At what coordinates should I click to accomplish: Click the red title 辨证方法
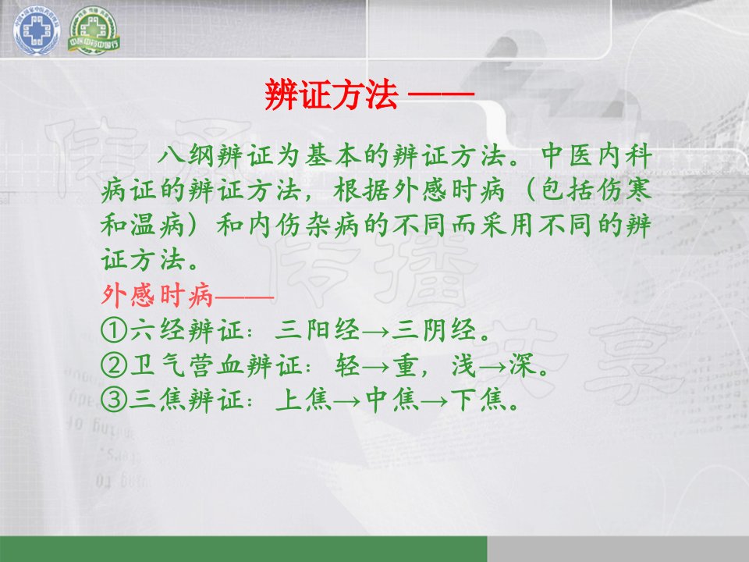coord(331,94)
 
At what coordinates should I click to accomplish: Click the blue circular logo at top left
coord(37,30)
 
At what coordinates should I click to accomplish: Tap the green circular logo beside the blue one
coord(94,30)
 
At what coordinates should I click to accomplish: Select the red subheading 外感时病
coord(157,295)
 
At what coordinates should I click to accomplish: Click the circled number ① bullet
coord(114,329)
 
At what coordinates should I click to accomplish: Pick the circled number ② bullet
coord(114,365)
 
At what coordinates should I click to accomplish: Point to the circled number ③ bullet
coord(114,400)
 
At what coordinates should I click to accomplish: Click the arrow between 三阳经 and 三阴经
coord(376,331)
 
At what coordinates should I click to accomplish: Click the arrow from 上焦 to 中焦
coord(346,401)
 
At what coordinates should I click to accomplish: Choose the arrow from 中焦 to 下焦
coord(435,401)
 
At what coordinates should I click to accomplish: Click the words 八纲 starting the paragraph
coord(186,156)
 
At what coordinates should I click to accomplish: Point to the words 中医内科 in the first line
coord(597,156)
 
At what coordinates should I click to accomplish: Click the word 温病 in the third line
coord(157,226)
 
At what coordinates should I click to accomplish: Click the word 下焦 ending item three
coord(477,400)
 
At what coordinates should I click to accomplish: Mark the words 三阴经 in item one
coord(435,329)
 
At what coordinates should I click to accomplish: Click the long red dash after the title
coord(441,94)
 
